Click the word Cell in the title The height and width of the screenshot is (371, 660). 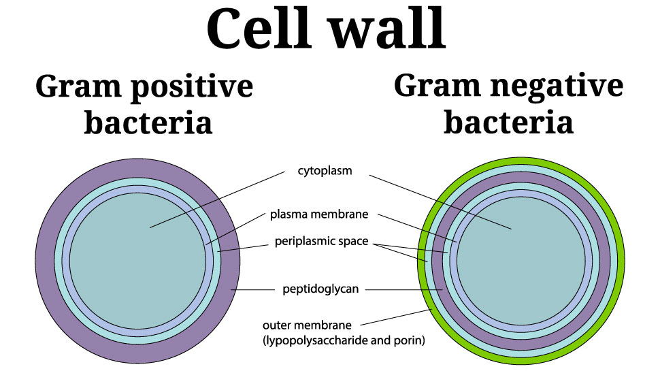coord(259,29)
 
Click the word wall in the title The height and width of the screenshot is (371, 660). coord(387,29)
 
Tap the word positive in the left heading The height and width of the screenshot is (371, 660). coord(192,88)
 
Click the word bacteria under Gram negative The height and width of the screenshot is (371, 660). coord(508,122)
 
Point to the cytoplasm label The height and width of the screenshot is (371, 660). coord(325,171)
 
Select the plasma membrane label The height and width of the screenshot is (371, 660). coord(319,214)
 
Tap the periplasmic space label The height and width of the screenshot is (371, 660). coord(322,241)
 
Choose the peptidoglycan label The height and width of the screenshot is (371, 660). coord(320,289)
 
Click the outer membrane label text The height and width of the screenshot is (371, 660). coord(307,325)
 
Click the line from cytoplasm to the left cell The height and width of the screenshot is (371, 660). coord(217,199)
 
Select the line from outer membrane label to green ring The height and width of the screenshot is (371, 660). coord(396,317)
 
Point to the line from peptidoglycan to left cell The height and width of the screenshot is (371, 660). coord(252,290)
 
